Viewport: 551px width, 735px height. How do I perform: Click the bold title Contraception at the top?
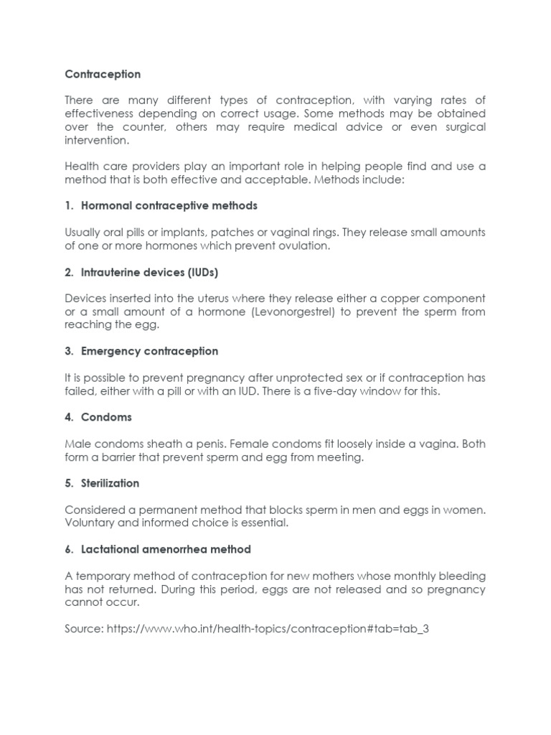pos(103,74)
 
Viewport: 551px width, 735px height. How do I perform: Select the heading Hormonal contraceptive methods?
pos(169,206)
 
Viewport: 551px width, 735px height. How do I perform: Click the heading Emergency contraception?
pos(149,351)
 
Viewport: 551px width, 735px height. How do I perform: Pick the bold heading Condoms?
pos(106,417)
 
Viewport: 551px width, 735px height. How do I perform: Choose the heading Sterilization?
pos(110,483)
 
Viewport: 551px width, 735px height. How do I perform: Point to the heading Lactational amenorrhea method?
pos(166,549)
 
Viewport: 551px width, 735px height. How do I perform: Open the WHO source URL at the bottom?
pos(267,629)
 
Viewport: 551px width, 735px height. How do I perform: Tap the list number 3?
pos(69,351)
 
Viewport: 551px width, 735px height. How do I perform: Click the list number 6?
pos(69,549)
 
